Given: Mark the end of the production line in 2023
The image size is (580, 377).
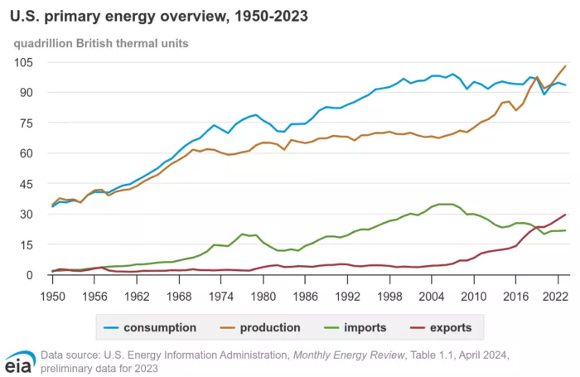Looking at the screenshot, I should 565,66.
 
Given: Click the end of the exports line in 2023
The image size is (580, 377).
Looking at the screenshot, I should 565,215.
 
